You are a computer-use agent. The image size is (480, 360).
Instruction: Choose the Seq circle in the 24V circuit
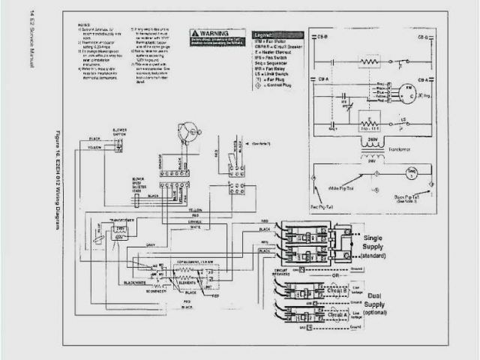point(411,174)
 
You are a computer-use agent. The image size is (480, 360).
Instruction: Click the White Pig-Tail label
point(339,187)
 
